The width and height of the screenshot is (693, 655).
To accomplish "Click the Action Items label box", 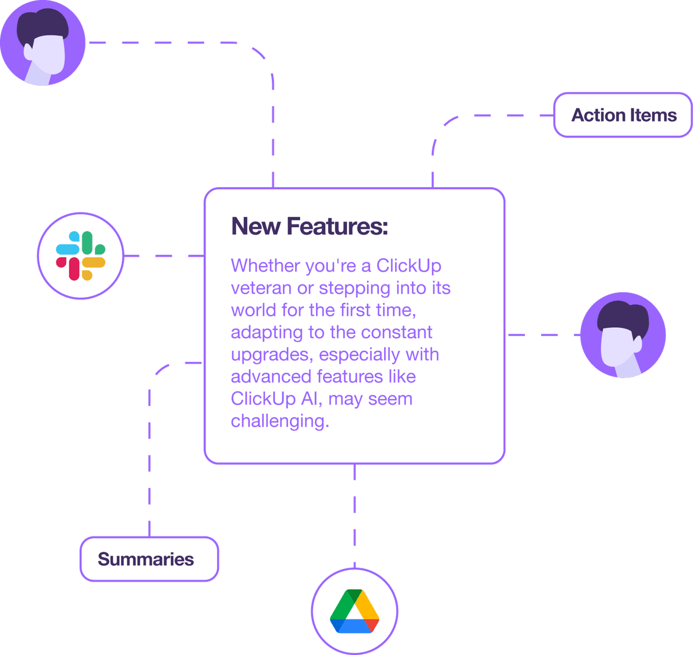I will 623,115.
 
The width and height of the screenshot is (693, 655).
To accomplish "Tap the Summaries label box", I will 149,559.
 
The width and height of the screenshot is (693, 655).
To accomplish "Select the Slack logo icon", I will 80,256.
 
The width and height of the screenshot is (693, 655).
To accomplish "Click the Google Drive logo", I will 355,611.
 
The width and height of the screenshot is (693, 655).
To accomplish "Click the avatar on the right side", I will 623,335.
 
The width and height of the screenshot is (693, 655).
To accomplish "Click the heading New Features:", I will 310,226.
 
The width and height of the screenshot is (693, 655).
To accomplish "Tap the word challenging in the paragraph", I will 280,421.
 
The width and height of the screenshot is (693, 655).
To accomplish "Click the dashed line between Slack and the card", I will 164,256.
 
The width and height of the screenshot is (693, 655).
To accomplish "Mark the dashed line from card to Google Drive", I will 355,515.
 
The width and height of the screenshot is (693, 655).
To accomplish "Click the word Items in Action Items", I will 653,115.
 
